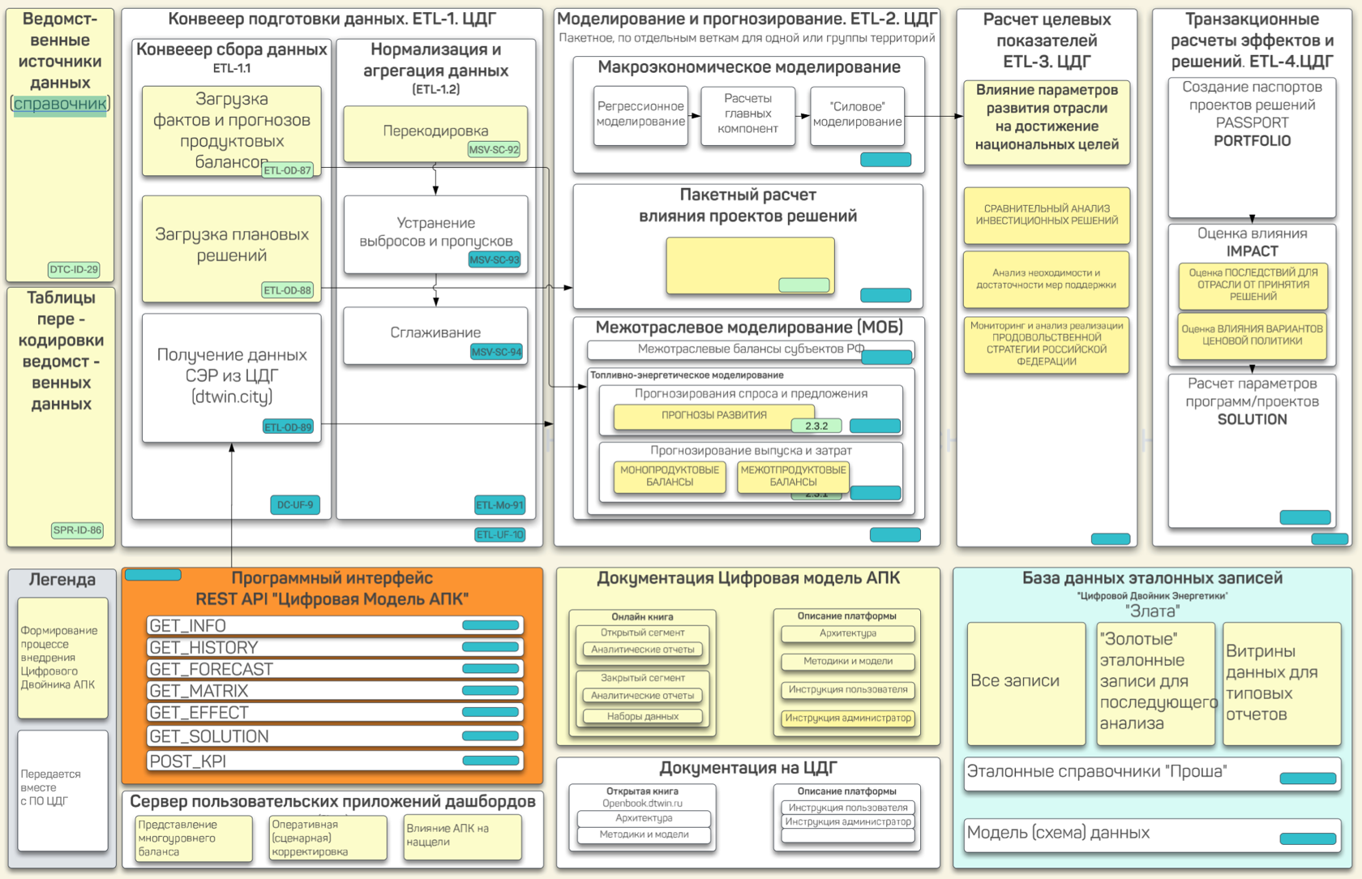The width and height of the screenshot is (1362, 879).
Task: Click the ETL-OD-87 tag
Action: tap(288, 170)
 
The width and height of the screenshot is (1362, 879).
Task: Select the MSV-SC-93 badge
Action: tap(494, 259)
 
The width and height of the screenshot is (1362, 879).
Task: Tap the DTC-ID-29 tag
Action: tap(74, 269)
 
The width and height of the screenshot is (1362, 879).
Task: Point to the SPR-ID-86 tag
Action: tap(78, 530)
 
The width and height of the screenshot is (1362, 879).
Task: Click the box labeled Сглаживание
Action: tap(435, 333)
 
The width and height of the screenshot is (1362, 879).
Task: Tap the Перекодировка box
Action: tap(435, 131)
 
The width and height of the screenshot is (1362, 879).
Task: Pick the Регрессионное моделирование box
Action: tap(640, 114)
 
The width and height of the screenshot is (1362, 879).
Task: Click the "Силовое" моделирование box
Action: tap(857, 114)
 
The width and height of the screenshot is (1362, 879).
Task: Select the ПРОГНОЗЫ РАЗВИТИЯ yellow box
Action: tap(713, 415)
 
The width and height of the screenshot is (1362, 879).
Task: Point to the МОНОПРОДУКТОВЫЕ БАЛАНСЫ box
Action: tap(670, 476)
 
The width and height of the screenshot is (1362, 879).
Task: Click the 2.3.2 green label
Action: tap(816, 426)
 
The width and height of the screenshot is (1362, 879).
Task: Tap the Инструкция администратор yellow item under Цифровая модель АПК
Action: tap(847, 718)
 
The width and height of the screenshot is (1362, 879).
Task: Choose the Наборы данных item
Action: tap(643, 717)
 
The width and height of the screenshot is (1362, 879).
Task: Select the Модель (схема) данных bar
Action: tap(1151, 833)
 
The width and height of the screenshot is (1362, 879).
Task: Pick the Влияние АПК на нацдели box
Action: tap(462, 836)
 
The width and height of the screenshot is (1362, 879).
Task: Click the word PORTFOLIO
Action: tap(1252, 141)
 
